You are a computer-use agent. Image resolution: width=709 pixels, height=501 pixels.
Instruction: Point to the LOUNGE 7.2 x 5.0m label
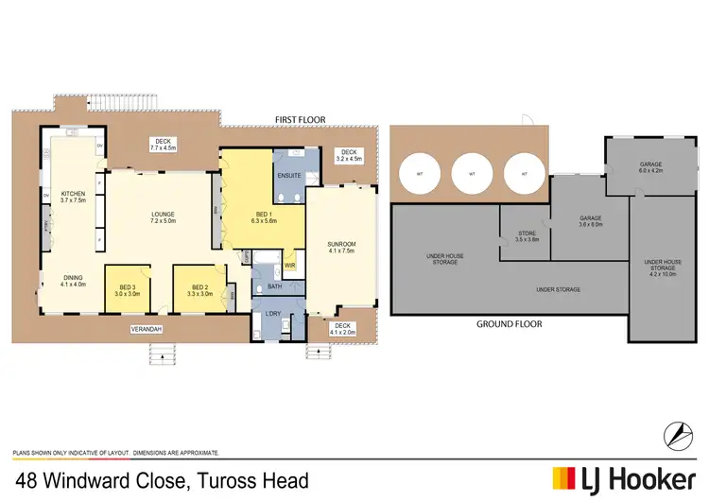coord(164,218)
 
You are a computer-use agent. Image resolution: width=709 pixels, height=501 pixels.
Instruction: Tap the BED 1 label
coord(262,214)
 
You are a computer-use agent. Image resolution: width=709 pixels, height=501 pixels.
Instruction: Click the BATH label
coord(274,286)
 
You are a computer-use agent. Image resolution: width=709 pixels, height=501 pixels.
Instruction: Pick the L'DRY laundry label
coord(275,313)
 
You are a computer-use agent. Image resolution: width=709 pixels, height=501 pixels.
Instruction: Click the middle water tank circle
coord(470,173)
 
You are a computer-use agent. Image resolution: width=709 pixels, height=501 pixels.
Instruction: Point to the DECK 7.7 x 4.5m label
coord(164,145)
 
